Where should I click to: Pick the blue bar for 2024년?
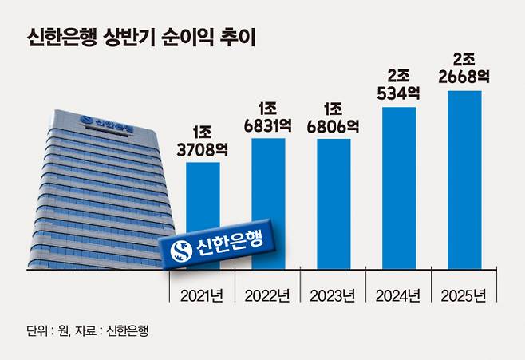[399, 188]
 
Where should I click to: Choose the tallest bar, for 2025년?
[464, 180]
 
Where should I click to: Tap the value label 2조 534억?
[399, 82]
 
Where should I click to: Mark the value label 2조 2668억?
[464, 66]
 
